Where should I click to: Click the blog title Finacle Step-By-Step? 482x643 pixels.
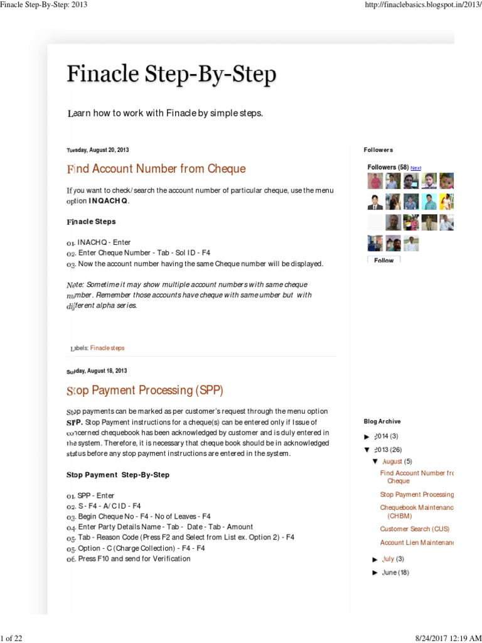pos(171,75)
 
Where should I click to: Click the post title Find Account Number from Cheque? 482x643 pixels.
pos(156,169)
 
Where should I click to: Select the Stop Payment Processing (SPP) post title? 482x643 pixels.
pos(145,391)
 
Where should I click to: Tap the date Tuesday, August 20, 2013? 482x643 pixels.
pos(98,150)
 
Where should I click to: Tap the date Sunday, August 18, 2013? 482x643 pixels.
pos(97,371)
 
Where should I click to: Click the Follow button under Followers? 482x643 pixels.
pos(383,260)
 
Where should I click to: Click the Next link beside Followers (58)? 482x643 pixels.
pos(415,168)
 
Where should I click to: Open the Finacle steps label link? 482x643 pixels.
pos(107,348)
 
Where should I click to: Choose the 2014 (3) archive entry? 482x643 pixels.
pos(386,436)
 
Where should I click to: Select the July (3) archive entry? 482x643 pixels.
pos(393,559)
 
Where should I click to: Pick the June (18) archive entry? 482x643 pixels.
pos(395,573)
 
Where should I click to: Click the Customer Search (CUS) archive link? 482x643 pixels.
pos(414,529)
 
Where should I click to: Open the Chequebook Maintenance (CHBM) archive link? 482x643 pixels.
pos(416,511)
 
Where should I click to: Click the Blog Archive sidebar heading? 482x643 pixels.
pos(382,421)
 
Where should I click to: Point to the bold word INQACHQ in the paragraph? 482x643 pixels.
pos(108,201)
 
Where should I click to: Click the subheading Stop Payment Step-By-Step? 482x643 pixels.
pos(117,474)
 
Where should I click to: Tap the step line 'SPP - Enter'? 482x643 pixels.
pos(95,495)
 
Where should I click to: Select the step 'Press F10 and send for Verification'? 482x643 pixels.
pos(134,558)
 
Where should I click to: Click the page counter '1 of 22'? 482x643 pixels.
pos(11,639)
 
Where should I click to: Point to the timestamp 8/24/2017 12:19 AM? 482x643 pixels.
pos(448,639)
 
